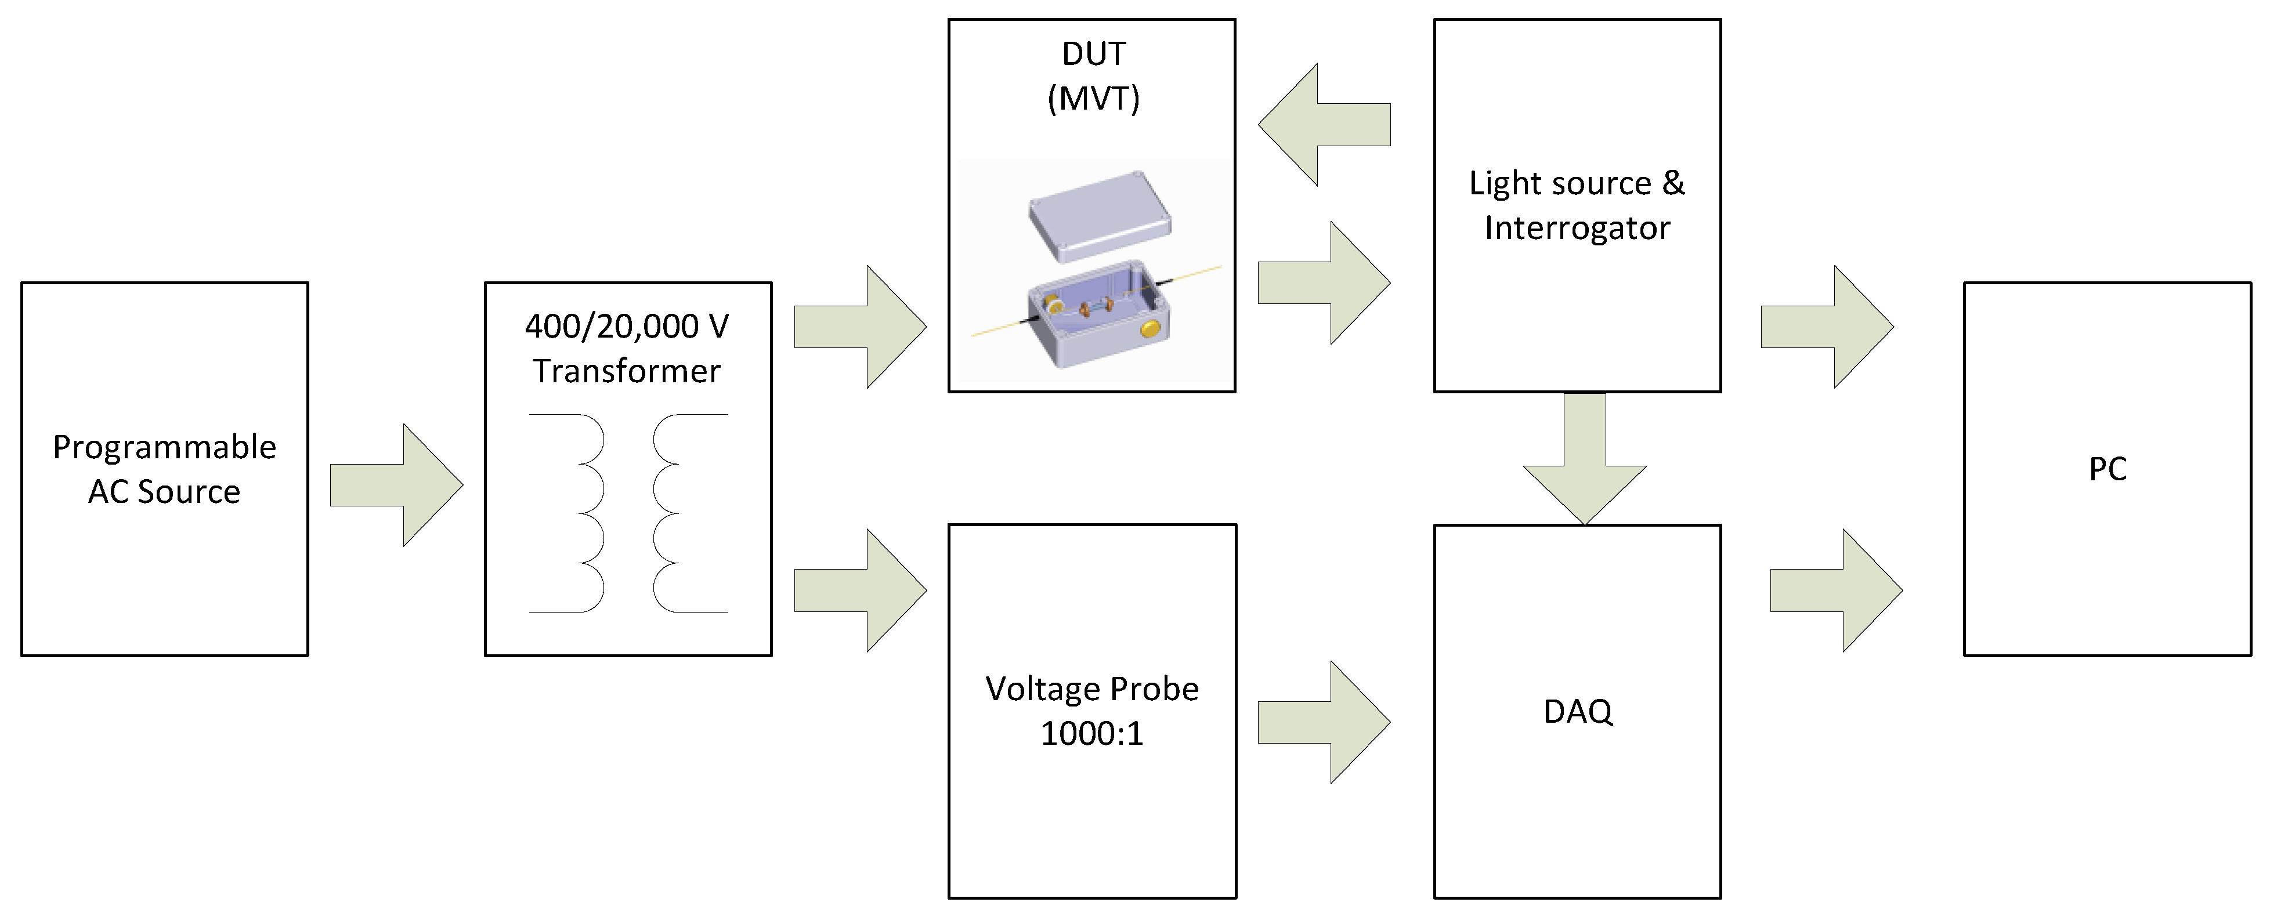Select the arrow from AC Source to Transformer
(x=396, y=485)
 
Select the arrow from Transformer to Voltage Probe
(x=860, y=590)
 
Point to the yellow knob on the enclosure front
(x=1151, y=329)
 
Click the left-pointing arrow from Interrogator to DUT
(x=1325, y=124)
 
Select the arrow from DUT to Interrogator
(x=1325, y=282)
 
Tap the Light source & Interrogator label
(x=1577, y=205)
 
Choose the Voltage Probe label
(x=1092, y=689)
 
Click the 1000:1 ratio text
(x=1092, y=733)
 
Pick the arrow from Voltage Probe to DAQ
(x=1325, y=723)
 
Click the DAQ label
(x=1577, y=711)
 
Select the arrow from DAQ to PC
(x=1837, y=590)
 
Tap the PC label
(x=2107, y=469)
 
